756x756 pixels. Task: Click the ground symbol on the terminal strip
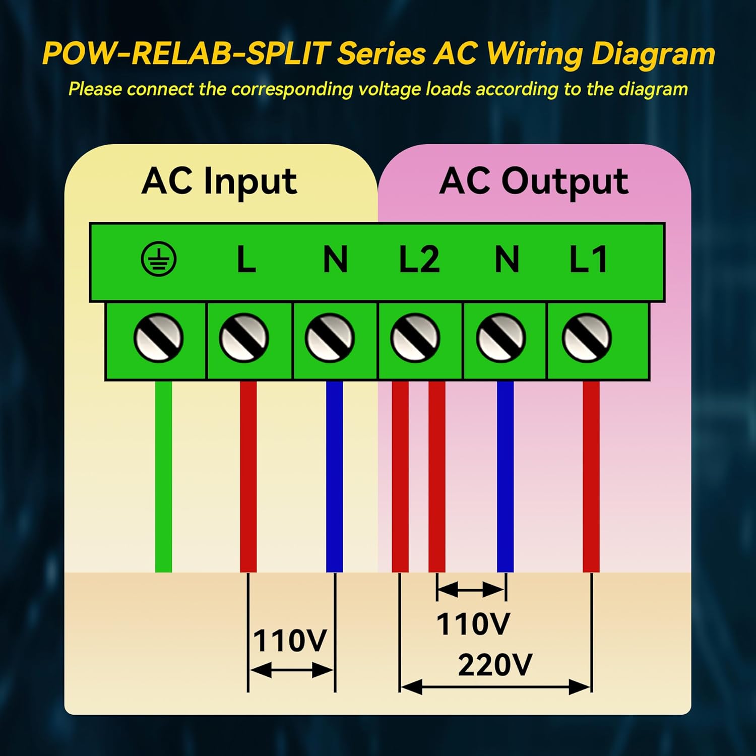[x=158, y=260]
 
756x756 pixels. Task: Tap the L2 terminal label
[x=419, y=260]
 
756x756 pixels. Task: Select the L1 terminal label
[x=588, y=260]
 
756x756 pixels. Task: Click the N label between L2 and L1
[x=507, y=260]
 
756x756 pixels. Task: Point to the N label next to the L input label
[x=335, y=260]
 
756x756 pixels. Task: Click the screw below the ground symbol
[x=158, y=338]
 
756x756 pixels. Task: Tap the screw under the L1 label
[x=587, y=338]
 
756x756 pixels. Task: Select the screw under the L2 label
[x=415, y=338]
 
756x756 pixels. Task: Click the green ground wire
[x=163, y=476]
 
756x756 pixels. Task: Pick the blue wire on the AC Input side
[x=334, y=476]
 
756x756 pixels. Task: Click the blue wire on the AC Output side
[x=505, y=476]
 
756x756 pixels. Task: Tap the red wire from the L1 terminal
[x=591, y=476]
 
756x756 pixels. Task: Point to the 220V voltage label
[x=494, y=665]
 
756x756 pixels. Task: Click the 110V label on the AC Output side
[x=473, y=624]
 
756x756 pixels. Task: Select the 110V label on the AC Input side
[x=290, y=641]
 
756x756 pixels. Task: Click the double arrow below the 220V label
[x=495, y=686]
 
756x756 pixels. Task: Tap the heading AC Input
[x=219, y=181]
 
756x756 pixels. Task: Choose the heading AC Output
[x=534, y=181]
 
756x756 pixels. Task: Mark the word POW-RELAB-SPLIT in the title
[x=186, y=53]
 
